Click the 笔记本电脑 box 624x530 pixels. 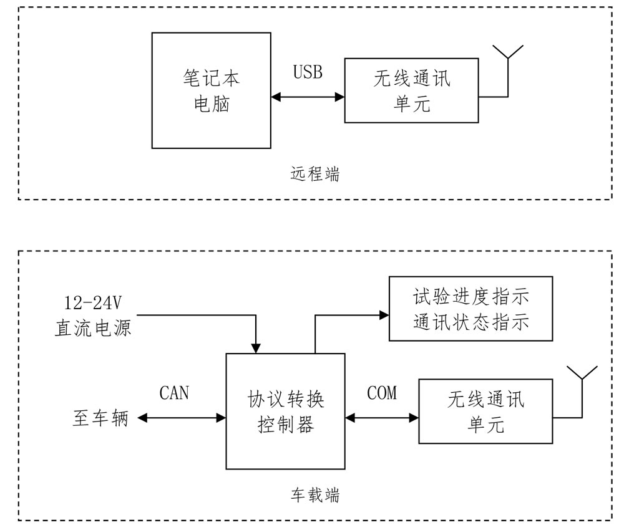(211, 90)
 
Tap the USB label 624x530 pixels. (308, 72)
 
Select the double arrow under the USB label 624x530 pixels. (308, 97)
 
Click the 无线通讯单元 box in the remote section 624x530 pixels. (412, 90)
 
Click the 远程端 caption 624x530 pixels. (315, 174)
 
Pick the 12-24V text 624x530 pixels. (92, 304)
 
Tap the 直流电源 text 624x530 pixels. (92, 327)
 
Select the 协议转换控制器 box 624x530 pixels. (285, 411)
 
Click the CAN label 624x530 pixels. (174, 393)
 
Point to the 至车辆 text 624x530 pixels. (100, 418)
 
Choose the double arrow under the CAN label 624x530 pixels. (182, 418)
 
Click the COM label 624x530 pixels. (382, 393)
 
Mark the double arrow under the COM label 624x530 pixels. (381, 418)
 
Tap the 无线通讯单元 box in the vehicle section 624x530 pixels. (485, 411)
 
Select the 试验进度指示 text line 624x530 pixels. (470, 296)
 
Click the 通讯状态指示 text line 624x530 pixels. (470, 322)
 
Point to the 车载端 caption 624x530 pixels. (315, 495)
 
